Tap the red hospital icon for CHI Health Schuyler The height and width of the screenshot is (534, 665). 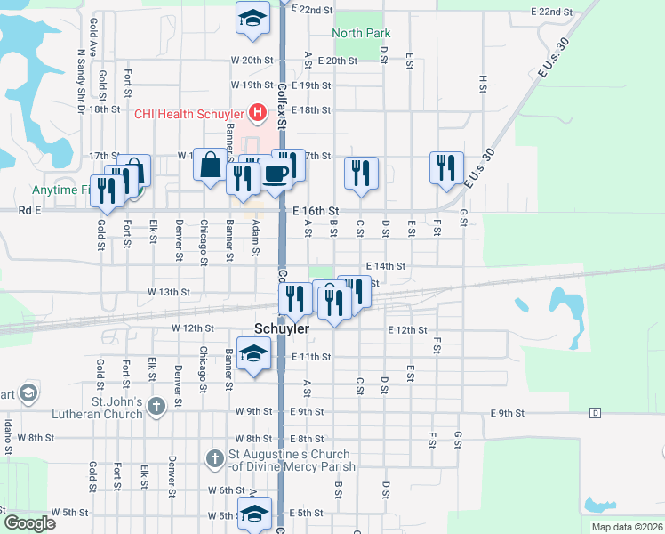257,113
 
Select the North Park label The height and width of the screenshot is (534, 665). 362,34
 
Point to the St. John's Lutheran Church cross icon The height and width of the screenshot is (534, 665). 156,408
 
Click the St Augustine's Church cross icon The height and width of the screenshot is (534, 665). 214,459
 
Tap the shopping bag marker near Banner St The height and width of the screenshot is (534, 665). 210,166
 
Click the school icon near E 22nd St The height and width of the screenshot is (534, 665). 252,16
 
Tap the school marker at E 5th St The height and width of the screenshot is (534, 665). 254,514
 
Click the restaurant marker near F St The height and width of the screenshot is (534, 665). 446,168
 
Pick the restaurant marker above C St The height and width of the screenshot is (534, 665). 360,173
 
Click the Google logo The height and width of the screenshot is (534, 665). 28,523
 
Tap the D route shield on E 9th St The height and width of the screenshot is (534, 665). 595,414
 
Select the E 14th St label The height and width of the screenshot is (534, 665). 385,266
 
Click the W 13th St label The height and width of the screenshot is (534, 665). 170,292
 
